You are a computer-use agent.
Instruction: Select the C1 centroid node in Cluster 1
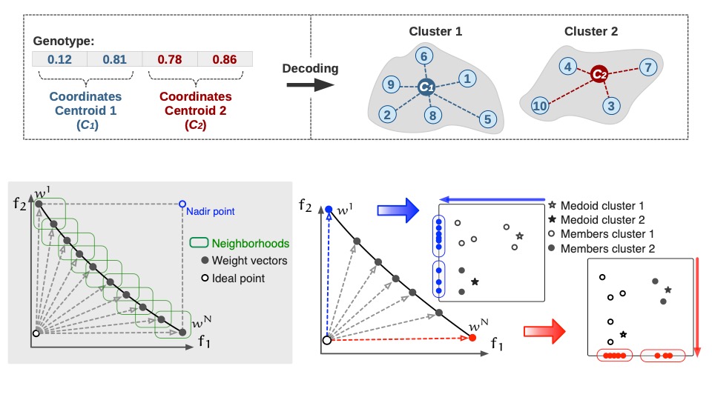pos(425,87)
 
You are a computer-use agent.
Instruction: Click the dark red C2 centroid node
pos(599,74)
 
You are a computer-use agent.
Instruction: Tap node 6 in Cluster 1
pos(423,56)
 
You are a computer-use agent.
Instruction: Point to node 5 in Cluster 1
pos(487,118)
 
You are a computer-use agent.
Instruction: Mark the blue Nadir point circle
pos(182,203)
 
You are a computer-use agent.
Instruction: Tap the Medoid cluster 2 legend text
pos(601,220)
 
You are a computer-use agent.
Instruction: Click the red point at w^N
pos(472,338)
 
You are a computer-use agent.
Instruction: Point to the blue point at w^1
pos(330,210)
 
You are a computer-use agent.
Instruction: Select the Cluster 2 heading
pos(591,31)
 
